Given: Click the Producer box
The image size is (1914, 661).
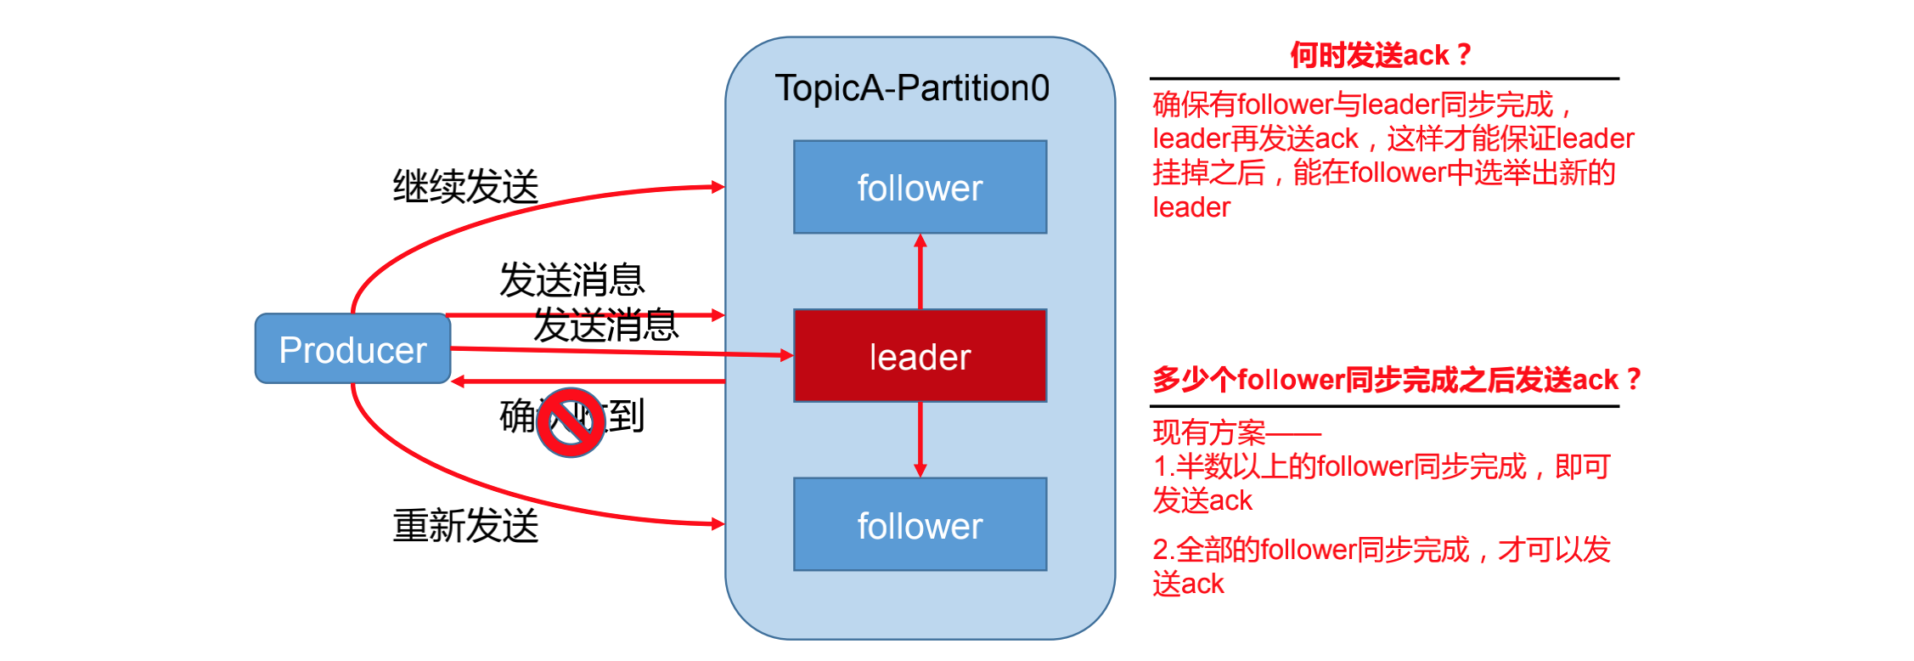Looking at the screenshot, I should pyautogui.click(x=352, y=348).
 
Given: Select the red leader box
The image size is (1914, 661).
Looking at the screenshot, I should pyautogui.click(x=920, y=355).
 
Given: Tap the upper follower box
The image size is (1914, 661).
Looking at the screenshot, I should pyautogui.click(x=920, y=187).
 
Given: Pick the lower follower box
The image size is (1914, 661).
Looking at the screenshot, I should pyautogui.click(x=920, y=524).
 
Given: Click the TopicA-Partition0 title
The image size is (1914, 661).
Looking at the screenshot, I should pyautogui.click(x=912, y=88).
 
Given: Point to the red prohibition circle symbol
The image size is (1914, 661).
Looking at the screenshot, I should pyautogui.click(x=571, y=422).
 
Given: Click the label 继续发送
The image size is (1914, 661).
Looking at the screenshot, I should pyautogui.click(x=465, y=186).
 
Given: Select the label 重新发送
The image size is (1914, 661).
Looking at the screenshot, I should pyautogui.click(x=465, y=525).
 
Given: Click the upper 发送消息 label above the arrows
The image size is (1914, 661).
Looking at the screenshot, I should pyautogui.click(x=571, y=280).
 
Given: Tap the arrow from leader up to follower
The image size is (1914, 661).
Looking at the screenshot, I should pyautogui.click(x=920, y=272).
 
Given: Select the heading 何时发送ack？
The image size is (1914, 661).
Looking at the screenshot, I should pyautogui.click(x=1381, y=55).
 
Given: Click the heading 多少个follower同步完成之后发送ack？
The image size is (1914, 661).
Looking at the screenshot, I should pyautogui.click(x=1396, y=379).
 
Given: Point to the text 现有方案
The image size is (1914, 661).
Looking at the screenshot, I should pyautogui.click(x=1209, y=432).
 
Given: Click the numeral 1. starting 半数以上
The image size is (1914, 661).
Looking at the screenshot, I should pyautogui.click(x=1163, y=466).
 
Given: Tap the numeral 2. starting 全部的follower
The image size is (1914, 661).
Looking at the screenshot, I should pyautogui.click(x=1163, y=550).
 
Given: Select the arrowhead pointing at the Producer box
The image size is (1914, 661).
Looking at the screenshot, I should pyautogui.click(x=459, y=381).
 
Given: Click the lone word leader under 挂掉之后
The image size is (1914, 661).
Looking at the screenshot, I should pyautogui.click(x=1191, y=207).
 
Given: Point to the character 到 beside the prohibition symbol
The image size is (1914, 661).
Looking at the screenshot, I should pyautogui.click(x=627, y=415).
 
